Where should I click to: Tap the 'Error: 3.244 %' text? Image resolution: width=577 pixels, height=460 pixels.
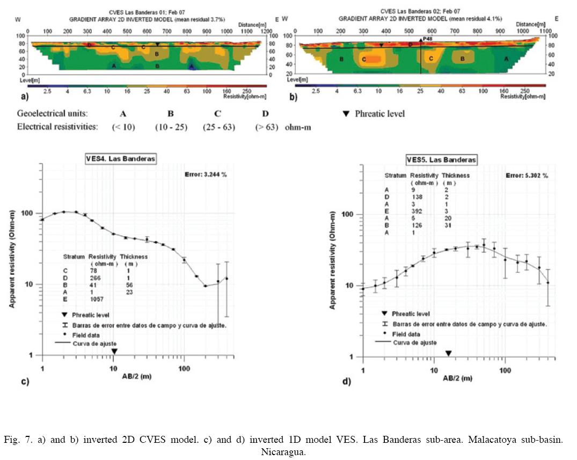[206, 174]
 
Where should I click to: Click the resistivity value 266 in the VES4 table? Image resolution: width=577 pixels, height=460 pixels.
[95, 278]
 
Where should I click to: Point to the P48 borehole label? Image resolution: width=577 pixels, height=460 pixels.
[427, 40]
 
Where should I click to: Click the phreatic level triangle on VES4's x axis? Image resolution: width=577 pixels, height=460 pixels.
[114, 351]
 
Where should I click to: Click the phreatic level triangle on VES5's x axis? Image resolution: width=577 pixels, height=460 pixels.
[449, 353]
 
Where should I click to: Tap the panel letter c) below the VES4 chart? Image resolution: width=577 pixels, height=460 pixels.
[24, 382]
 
